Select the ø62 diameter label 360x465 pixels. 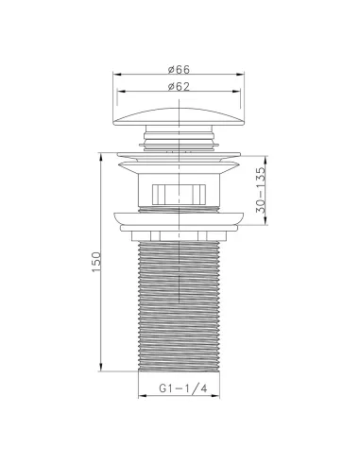tap(180, 87)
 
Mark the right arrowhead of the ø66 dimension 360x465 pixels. tap(244, 75)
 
